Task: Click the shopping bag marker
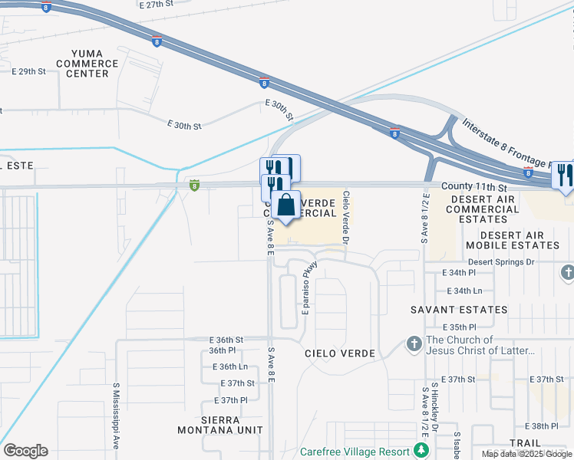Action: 286,206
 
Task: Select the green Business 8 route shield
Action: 195,186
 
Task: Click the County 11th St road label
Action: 474,187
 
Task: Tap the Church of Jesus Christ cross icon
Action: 414,344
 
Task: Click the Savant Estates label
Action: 459,310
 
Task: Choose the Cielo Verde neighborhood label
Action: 339,353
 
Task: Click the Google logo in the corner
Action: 25,451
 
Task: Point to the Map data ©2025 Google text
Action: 526,454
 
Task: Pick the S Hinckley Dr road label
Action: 434,406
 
